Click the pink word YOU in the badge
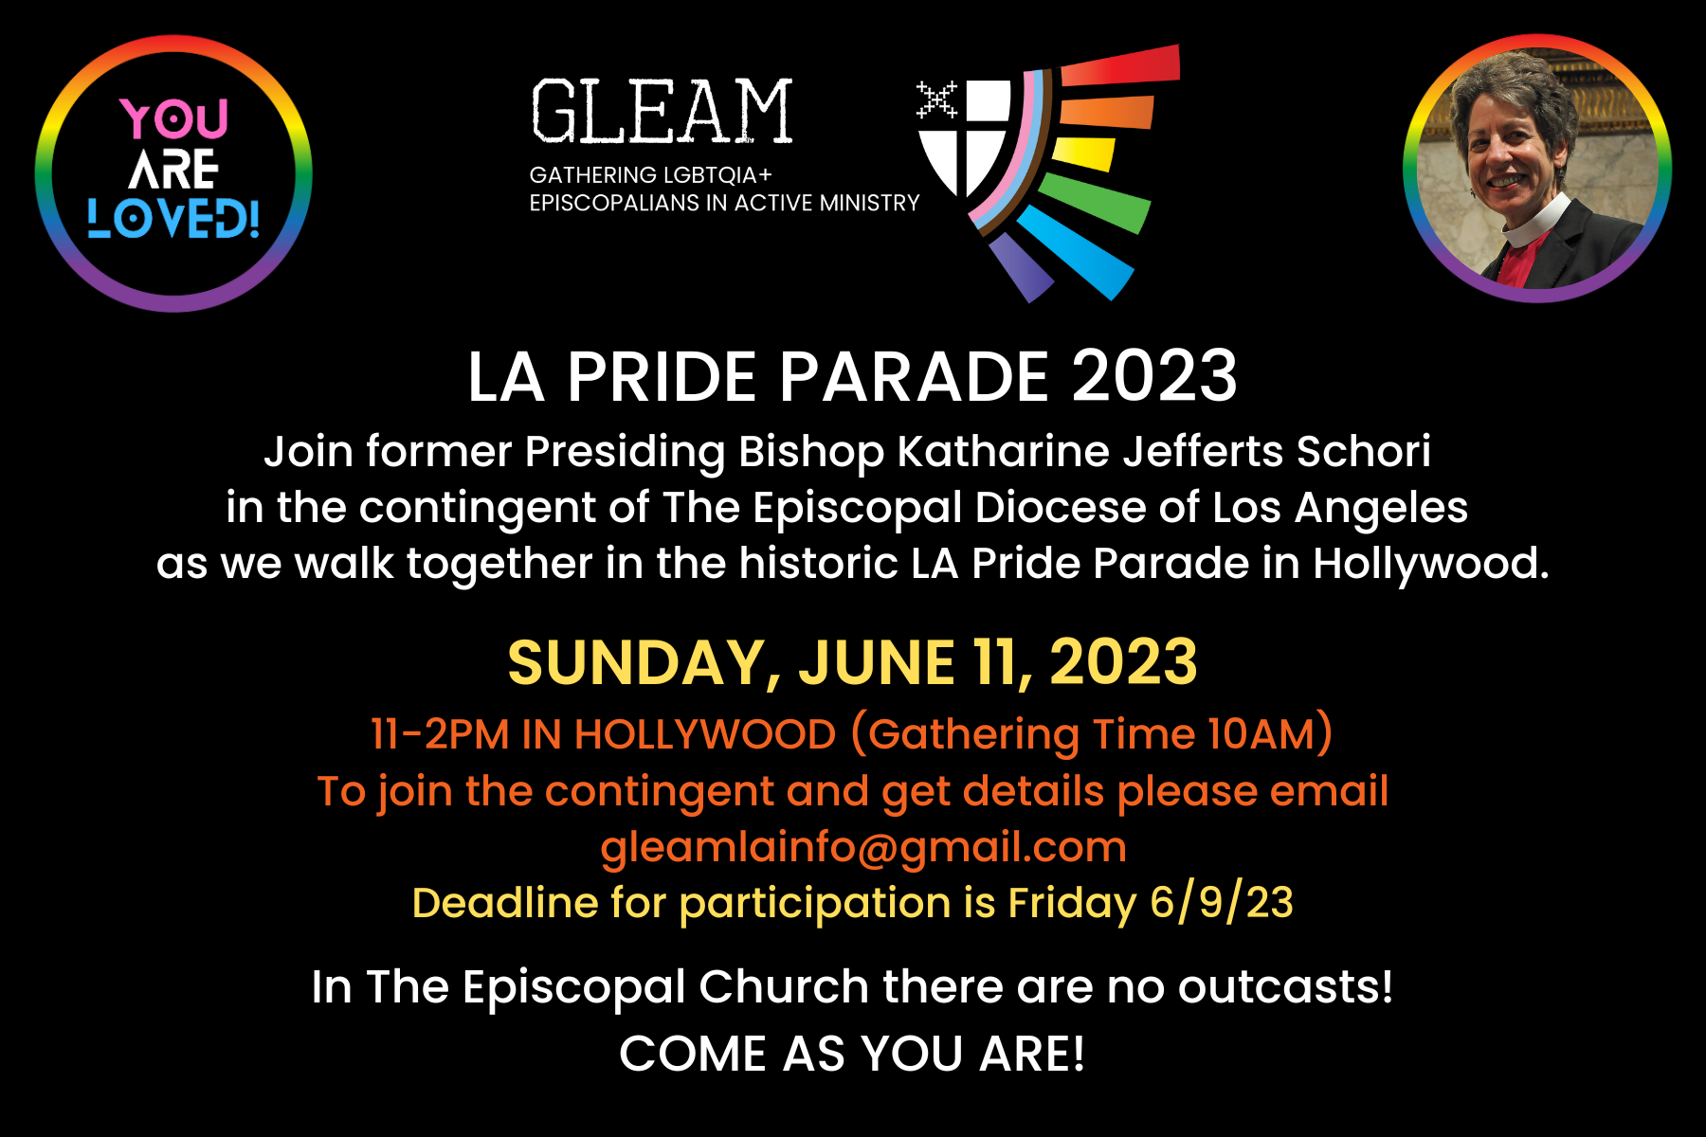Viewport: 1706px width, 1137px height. click(174, 119)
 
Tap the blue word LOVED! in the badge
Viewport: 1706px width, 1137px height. click(173, 218)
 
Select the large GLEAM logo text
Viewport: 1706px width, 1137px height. click(662, 112)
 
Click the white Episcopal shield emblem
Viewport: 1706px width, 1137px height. click(964, 136)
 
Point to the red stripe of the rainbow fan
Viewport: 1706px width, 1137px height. click(1120, 65)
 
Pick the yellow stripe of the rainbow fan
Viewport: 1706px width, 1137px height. click(1083, 153)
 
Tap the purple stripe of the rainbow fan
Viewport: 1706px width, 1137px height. click(1021, 267)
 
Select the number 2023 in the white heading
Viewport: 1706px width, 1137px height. click(1154, 376)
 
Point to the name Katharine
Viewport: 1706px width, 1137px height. click(1004, 451)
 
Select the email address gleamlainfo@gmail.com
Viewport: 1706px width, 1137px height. click(863, 848)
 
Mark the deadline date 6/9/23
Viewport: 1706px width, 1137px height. click(1222, 902)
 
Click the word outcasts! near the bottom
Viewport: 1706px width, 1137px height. click(1285, 987)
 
